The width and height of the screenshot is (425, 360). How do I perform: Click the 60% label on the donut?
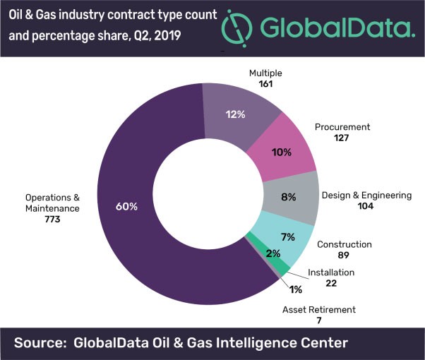point(128,207)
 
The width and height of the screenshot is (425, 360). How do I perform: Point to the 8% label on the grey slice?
point(287,198)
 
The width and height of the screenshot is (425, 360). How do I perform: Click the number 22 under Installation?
point(331,283)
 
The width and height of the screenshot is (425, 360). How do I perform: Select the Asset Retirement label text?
point(319,309)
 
